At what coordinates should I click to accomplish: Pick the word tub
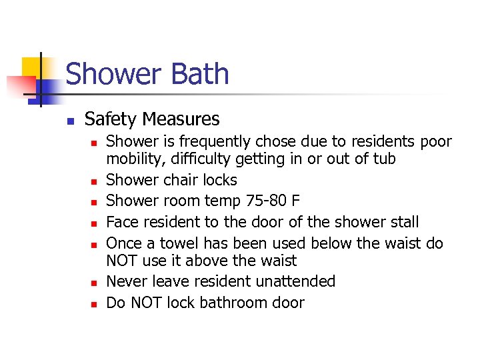point(385,159)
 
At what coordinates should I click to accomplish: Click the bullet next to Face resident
point(94,223)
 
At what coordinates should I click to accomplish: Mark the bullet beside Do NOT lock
point(94,304)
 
